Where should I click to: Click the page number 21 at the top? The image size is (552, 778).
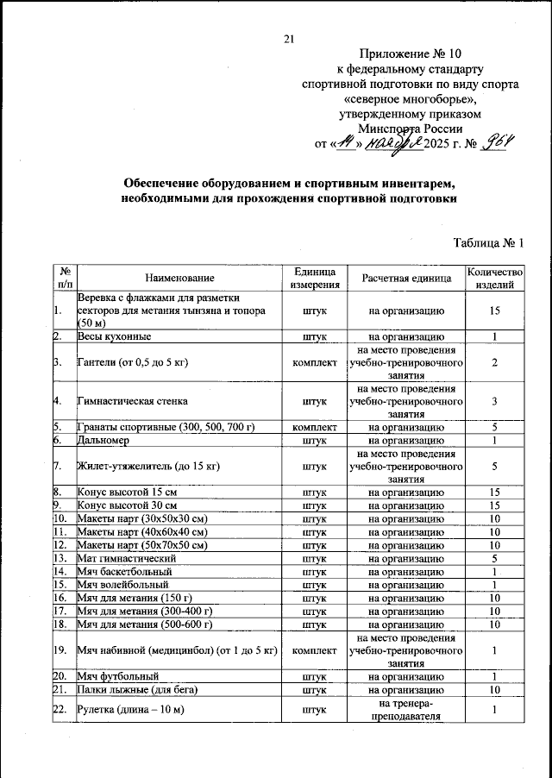click(x=289, y=37)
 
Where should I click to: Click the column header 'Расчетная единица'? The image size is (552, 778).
click(x=406, y=278)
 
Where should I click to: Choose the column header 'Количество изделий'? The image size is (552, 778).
click(x=494, y=278)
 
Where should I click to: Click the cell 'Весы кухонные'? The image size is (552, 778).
click(x=115, y=336)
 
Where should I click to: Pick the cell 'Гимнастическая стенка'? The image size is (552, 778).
click(x=133, y=401)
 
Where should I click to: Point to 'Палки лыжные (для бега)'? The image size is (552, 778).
click(x=138, y=690)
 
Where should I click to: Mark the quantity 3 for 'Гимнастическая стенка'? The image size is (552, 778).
click(x=494, y=401)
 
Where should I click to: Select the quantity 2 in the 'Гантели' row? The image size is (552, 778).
click(x=494, y=362)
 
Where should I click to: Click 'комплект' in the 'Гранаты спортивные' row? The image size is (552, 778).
click(x=314, y=427)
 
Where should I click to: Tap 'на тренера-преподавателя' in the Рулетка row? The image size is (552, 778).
click(x=406, y=710)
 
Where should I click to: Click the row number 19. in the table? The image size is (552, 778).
click(x=60, y=650)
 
